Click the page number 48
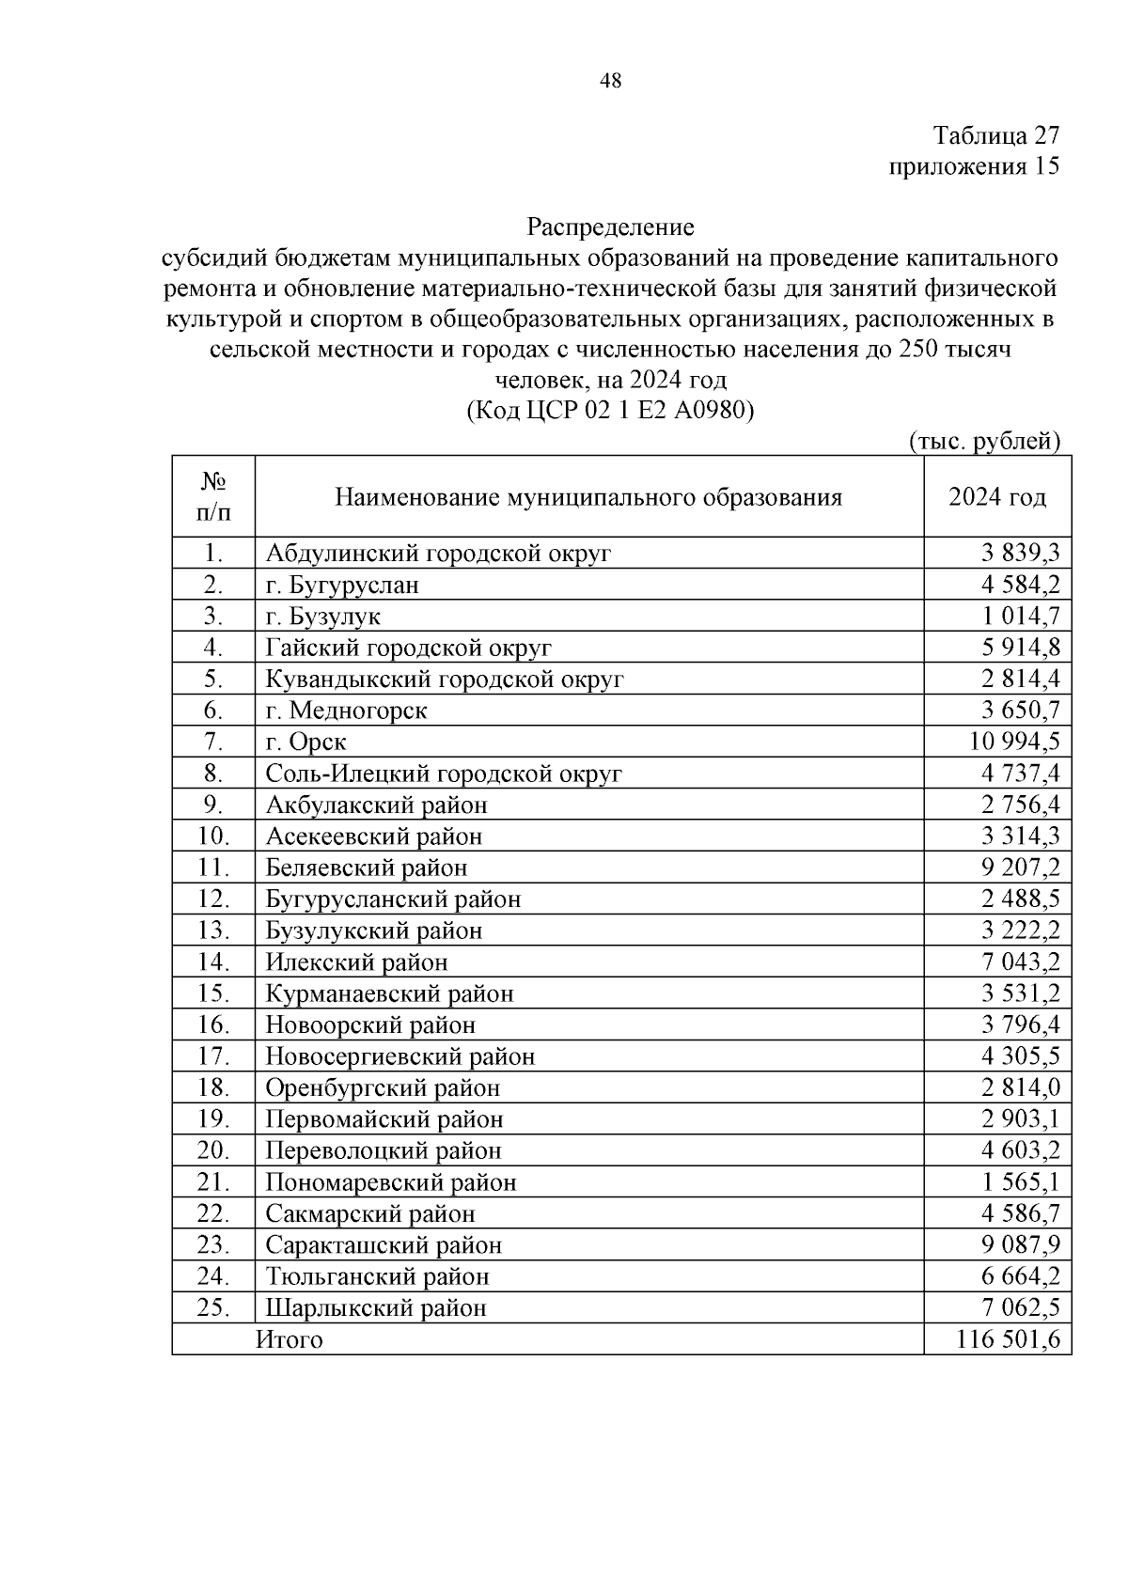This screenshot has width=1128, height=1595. [x=610, y=82]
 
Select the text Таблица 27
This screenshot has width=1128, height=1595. [x=996, y=135]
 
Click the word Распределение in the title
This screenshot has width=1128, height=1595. [x=610, y=227]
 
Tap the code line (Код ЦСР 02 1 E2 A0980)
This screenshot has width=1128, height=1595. [x=610, y=411]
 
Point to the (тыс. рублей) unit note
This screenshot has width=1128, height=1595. [x=985, y=442]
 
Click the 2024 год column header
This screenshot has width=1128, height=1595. [x=996, y=497]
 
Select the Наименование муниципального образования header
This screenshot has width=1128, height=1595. [x=588, y=497]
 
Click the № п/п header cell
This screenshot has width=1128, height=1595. [x=213, y=497]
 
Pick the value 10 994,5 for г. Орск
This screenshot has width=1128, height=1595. [x=1014, y=742]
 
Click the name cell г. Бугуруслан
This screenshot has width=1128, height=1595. [x=342, y=585]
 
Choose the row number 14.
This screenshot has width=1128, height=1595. [x=213, y=962]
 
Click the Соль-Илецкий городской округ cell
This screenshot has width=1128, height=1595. [x=444, y=774]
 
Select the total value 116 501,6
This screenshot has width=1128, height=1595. [x=1008, y=1339]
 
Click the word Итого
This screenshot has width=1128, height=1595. [x=290, y=1339]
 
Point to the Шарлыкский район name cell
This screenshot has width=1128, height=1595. [x=376, y=1307]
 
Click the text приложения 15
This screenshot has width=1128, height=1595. [x=974, y=166]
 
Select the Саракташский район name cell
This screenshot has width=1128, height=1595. [x=384, y=1244]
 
